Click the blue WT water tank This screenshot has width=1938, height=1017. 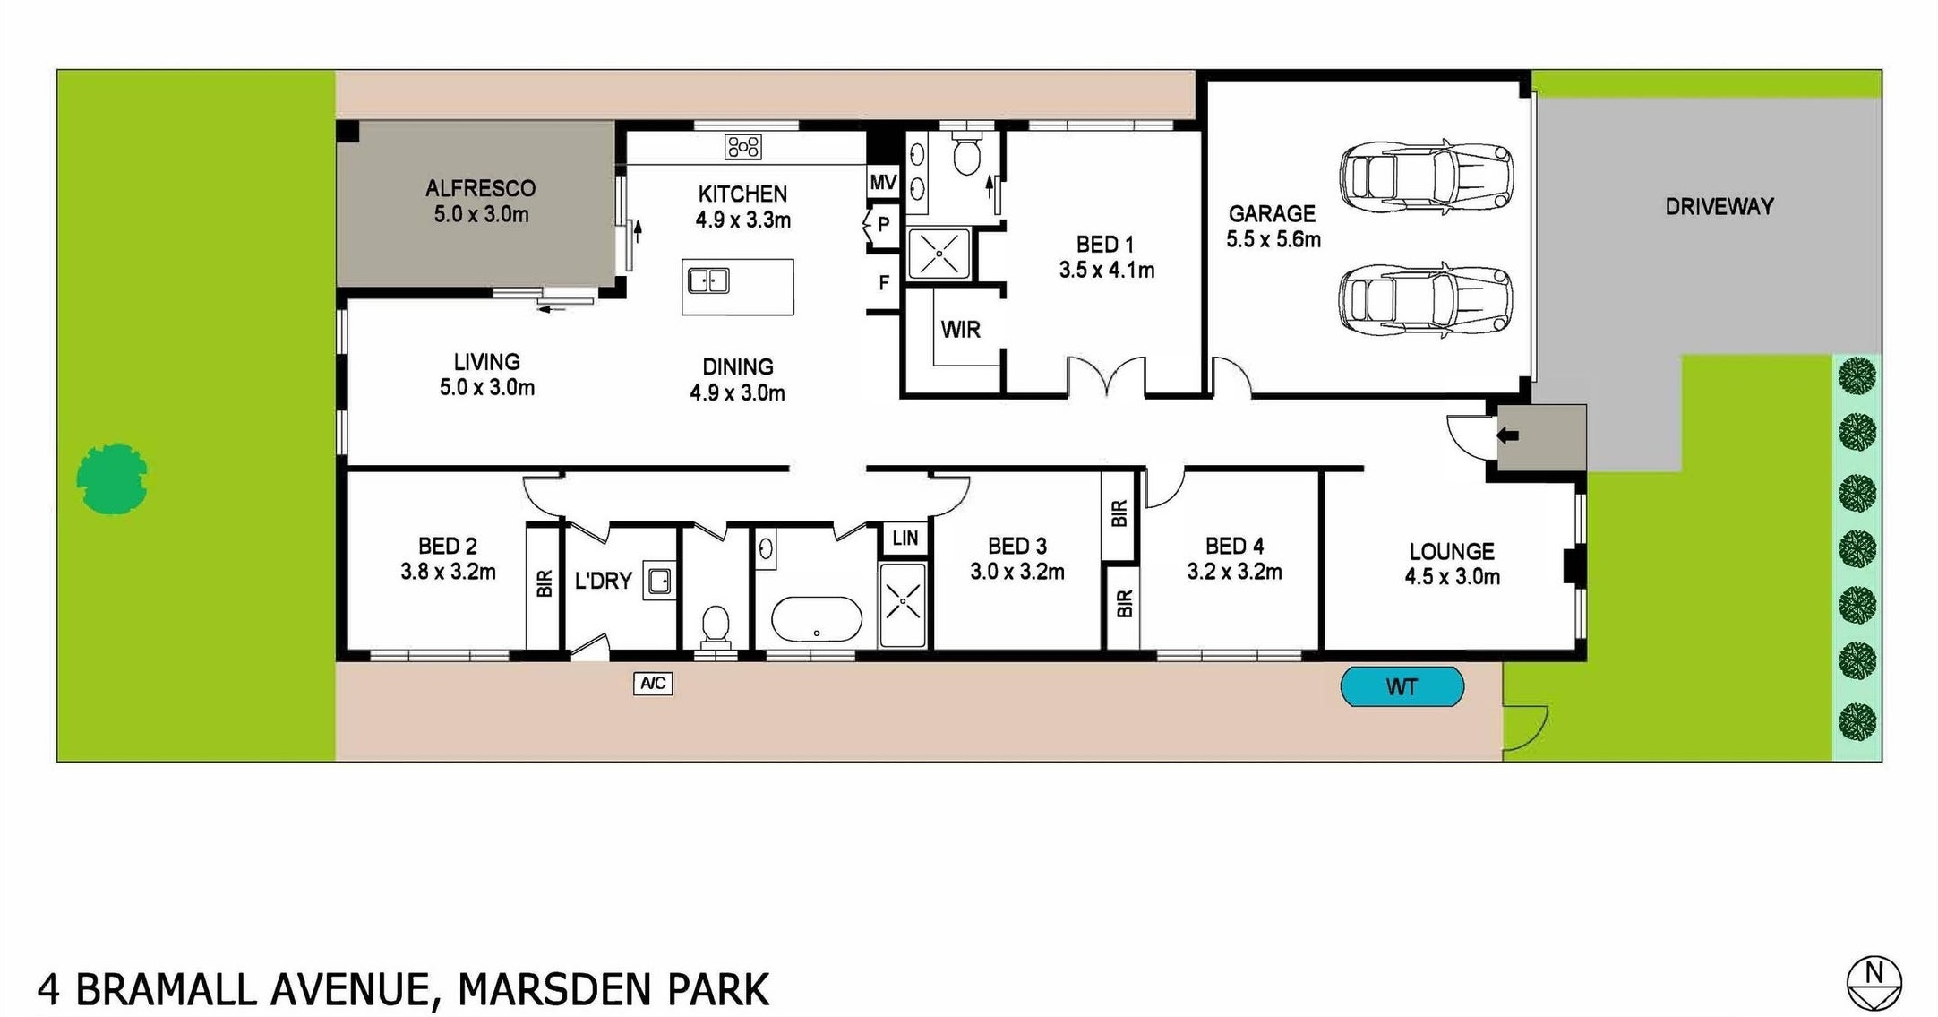(x=1402, y=687)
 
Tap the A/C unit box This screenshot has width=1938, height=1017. (x=653, y=684)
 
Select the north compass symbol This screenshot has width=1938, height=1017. (x=1874, y=983)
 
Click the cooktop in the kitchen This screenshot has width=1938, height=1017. (x=743, y=147)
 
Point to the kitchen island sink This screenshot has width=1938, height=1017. (x=708, y=281)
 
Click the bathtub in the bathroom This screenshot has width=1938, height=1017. (x=816, y=619)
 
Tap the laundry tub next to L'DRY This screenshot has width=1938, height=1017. (x=660, y=581)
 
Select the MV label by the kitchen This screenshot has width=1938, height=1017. (x=883, y=183)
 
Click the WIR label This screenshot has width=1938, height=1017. (x=960, y=330)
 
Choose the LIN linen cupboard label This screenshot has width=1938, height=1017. (x=905, y=538)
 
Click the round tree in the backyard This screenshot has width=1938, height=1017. (x=112, y=479)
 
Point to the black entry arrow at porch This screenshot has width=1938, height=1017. (x=1507, y=435)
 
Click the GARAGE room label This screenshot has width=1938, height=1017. (x=1272, y=213)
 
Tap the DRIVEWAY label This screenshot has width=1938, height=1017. (x=1719, y=207)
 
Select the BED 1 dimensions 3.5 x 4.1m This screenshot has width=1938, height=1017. (x=1107, y=270)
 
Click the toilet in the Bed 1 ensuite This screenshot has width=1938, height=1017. (x=965, y=154)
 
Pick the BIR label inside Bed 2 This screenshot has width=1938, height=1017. (x=544, y=583)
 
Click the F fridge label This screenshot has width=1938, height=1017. (x=884, y=283)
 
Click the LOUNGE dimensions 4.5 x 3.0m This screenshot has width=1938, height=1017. (x=1452, y=577)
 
